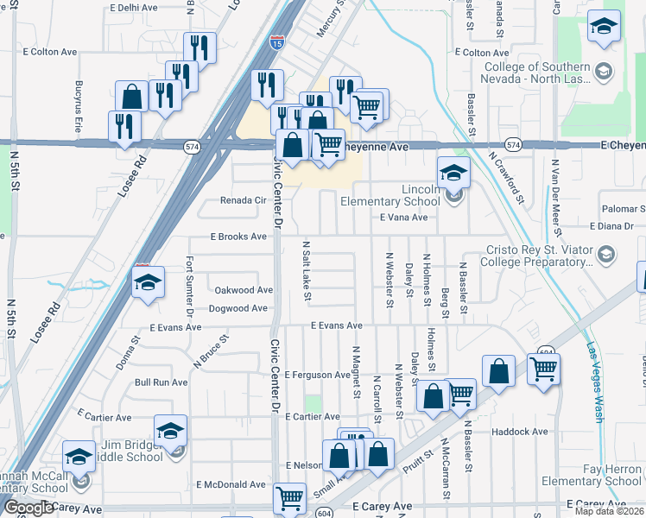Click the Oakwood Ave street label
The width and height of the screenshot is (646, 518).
point(244,291)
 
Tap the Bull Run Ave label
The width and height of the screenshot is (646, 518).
point(161,382)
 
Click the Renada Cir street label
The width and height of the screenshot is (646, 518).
point(242,200)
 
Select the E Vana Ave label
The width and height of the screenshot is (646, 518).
point(403,218)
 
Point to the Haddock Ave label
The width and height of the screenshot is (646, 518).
point(519,432)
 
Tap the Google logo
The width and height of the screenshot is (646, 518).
point(28,509)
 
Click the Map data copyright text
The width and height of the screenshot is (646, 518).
point(610,511)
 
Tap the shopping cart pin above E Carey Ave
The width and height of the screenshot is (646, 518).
point(289,498)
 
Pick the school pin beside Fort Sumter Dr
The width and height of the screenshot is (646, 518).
point(148,282)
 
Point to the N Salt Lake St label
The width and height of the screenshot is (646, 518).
point(307,271)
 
